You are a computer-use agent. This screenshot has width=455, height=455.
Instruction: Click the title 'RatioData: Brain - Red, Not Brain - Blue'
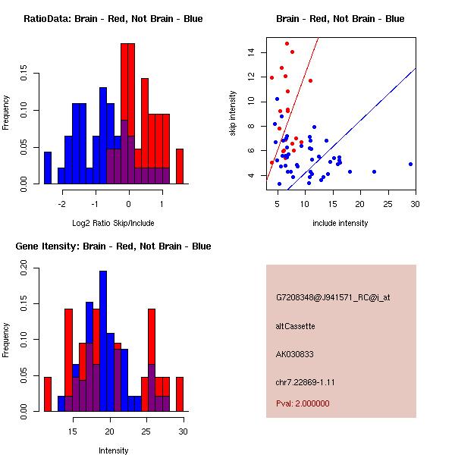point(113,19)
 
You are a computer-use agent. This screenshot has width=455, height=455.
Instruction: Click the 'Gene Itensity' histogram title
point(113,246)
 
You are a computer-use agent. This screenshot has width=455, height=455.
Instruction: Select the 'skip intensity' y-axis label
point(233,114)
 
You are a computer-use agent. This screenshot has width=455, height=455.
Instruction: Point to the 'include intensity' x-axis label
point(340,223)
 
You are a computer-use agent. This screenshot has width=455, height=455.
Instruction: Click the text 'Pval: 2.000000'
point(303,403)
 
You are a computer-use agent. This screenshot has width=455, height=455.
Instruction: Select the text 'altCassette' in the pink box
point(295,326)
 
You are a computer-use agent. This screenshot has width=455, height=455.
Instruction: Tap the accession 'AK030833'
point(296,354)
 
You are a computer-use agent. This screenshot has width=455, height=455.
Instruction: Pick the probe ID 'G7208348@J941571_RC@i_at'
point(333,298)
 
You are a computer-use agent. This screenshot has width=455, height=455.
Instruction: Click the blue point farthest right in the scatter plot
point(410,164)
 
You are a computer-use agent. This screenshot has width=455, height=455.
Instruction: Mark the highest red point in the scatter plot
point(287,44)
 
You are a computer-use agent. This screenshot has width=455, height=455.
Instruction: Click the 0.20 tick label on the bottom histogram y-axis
point(24,267)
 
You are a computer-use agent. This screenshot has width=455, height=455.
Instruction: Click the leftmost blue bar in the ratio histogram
point(48,168)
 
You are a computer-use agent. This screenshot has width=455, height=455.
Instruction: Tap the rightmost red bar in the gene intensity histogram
point(180,394)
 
